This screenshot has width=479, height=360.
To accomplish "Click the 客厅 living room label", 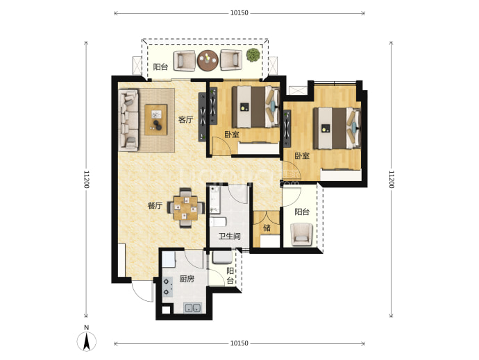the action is [186, 120].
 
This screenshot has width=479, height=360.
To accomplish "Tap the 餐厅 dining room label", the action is [155, 205].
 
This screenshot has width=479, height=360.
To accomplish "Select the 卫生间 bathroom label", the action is [229, 236].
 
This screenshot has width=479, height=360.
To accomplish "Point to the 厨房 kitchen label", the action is [187, 279].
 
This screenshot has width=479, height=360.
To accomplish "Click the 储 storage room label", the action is [267, 228].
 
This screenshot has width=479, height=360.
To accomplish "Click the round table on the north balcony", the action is [208, 60].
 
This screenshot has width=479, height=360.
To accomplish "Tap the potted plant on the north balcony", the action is [253, 55].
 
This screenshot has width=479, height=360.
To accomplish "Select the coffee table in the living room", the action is [156, 120].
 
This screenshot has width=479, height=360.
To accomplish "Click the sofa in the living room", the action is [128, 120].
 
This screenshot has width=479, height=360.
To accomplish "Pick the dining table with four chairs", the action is [186, 208].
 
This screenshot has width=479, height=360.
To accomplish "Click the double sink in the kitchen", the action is [192, 308].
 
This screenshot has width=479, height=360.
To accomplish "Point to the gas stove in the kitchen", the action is [167, 287].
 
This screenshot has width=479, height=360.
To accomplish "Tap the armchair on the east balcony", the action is [301, 234].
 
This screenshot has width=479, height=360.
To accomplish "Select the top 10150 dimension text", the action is [239, 12].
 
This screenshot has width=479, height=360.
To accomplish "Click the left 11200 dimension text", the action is [86, 179].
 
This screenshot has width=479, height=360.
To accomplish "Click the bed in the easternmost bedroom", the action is [337, 128].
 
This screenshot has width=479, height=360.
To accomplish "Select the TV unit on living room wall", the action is [202, 117].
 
